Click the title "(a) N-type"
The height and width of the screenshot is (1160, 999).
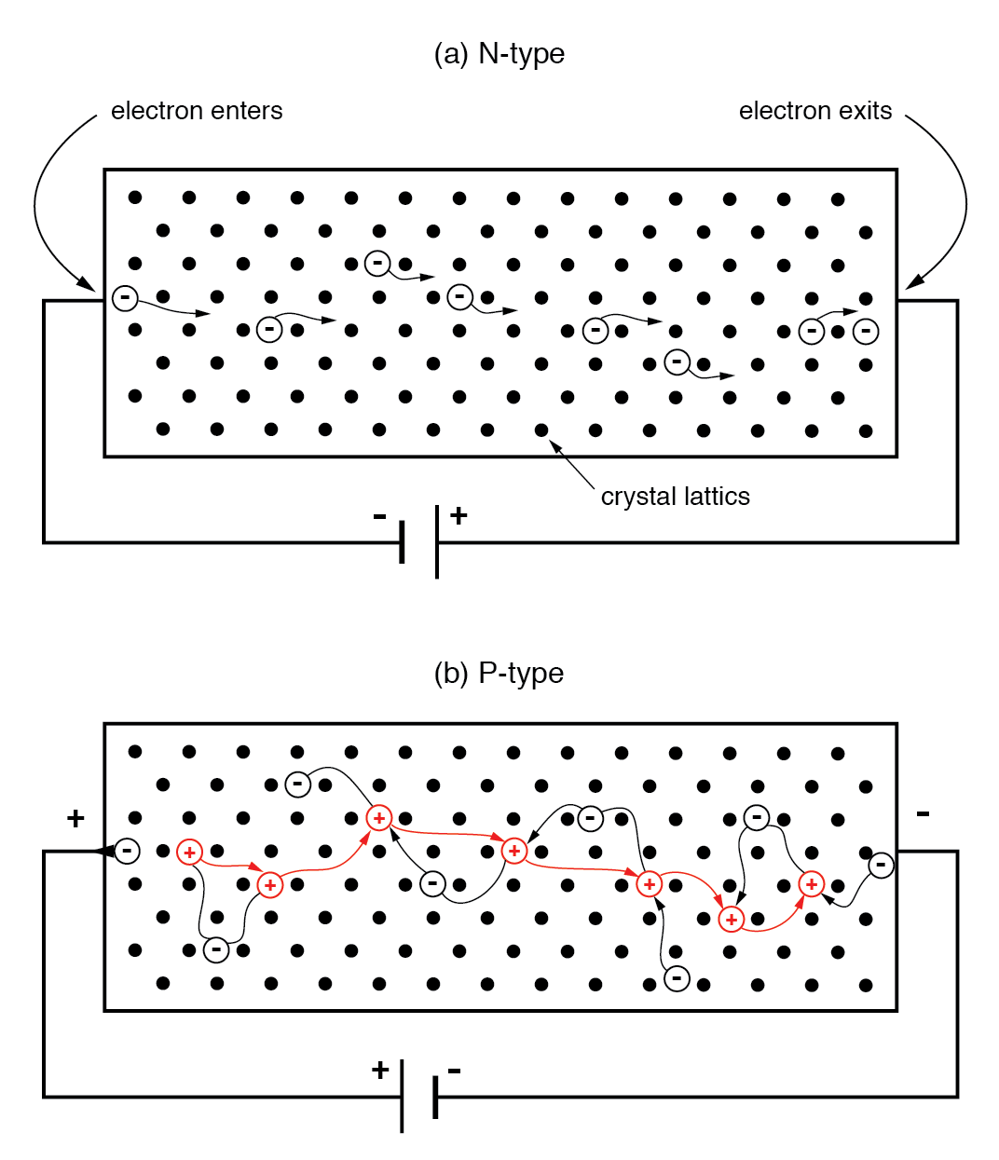tap(499, 54)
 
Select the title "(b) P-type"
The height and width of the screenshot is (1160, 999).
tap(499, 673)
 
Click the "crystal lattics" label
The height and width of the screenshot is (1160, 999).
tap(675, 497)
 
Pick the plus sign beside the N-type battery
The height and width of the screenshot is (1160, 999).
tap(458, 515)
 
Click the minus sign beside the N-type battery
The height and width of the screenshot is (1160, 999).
tap(379, 516)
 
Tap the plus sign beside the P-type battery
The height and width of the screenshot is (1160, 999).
tap(379, 1070)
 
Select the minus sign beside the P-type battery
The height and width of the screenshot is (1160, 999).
tap(455, 1071)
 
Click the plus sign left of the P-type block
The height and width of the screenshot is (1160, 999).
tap(75, 819)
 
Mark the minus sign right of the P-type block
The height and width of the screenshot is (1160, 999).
tap(923, 814)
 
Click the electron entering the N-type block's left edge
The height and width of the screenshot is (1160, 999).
tap(125, 298)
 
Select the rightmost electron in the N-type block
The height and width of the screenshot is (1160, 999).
tap(866, 331)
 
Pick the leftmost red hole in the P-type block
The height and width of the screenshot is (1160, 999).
tap(189, 852)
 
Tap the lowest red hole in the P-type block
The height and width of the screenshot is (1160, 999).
tap(732, 920)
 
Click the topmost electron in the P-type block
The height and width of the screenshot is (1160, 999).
tap(297, 785)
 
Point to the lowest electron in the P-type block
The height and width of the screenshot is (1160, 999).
tap(677, 978)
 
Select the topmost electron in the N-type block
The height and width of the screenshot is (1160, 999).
tap(377, 264)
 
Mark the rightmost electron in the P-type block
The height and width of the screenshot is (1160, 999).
tap(881, 866)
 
